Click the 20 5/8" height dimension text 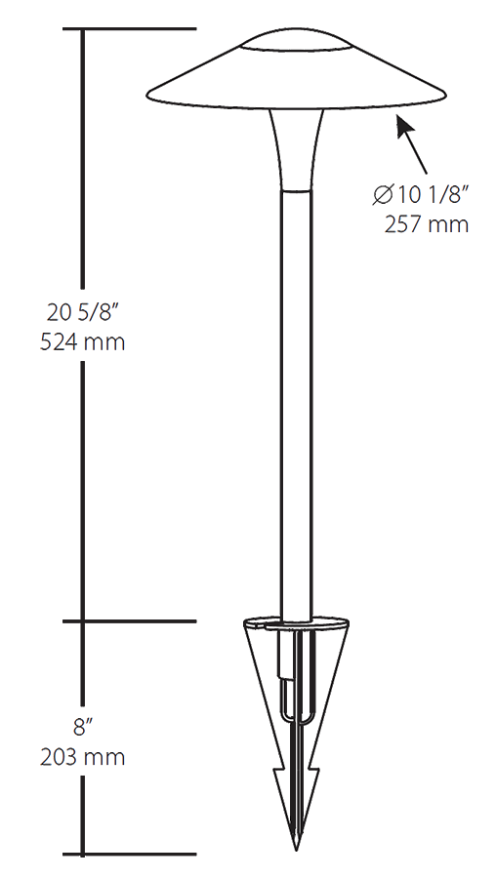86,312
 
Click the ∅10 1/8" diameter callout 422,195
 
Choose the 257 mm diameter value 428,224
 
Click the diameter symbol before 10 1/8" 383,195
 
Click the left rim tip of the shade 148,95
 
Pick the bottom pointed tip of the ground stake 297,847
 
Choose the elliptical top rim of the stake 297,622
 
